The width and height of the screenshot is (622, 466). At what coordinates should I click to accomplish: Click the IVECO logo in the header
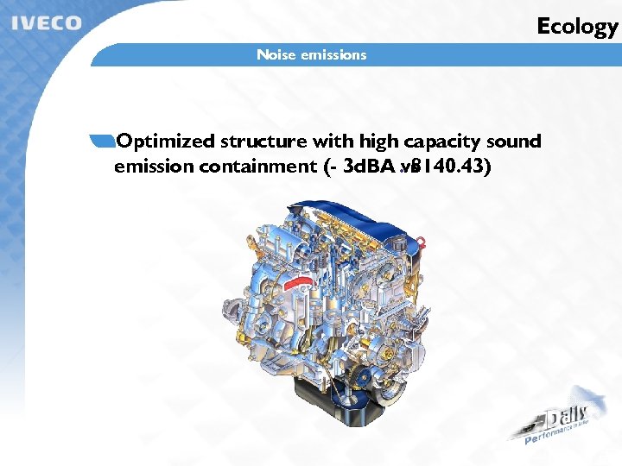47,22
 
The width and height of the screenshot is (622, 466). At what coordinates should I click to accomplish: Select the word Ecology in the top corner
577,26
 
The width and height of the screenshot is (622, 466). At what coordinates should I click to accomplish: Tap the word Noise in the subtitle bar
276,55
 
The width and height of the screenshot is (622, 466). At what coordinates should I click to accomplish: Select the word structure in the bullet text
264,142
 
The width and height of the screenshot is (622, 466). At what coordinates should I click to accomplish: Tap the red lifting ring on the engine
421,236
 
